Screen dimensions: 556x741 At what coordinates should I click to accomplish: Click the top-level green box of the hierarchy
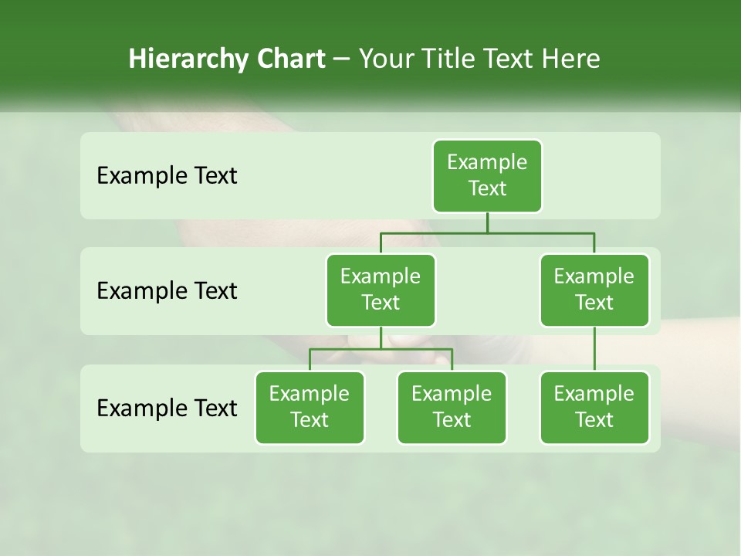point(487,176)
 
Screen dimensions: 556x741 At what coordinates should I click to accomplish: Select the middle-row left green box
point(381,290)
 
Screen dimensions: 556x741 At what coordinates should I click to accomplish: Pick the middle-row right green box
point(594,290)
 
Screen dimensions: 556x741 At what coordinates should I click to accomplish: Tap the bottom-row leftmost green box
point(310,408)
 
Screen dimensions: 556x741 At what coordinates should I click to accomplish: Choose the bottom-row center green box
point(452,408)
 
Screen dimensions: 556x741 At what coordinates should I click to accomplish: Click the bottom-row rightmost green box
point(594,408)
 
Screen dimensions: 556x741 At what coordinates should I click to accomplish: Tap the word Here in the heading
point(571,59)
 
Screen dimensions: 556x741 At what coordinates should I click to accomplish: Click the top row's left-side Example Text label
point(167,176)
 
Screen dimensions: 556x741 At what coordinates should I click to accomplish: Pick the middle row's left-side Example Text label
point(167,291)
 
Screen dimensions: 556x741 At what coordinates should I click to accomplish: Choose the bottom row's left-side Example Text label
point(167,408)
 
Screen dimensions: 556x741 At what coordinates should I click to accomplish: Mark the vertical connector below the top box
point(487,222)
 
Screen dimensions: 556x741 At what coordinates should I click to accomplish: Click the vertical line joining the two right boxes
point(594,349)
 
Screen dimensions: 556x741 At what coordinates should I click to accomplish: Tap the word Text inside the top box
point(487,189)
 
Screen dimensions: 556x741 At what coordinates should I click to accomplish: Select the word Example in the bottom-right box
point(594,395)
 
